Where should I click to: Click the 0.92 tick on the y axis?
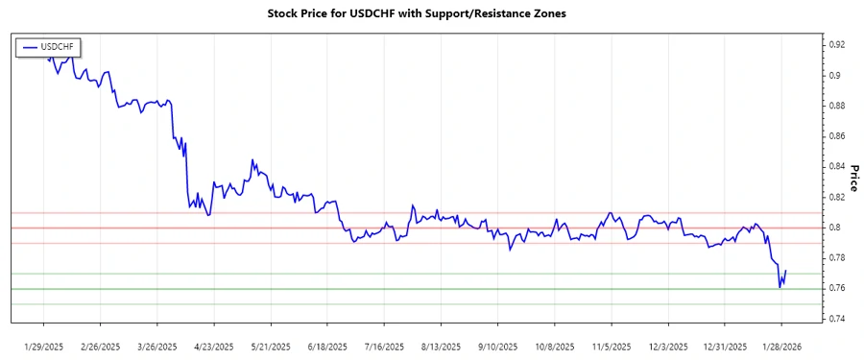point(837,44)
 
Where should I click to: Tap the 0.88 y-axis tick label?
point(837,106)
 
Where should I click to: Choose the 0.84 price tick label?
point(837,166)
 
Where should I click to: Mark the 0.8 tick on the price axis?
point(834,228)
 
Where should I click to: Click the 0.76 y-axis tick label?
point(837,288)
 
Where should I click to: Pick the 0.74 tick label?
point(837,319)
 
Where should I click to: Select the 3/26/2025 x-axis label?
point(157,346)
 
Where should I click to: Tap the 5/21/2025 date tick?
point(271,346)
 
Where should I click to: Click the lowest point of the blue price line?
point(780,287)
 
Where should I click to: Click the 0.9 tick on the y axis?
point(834,75)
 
